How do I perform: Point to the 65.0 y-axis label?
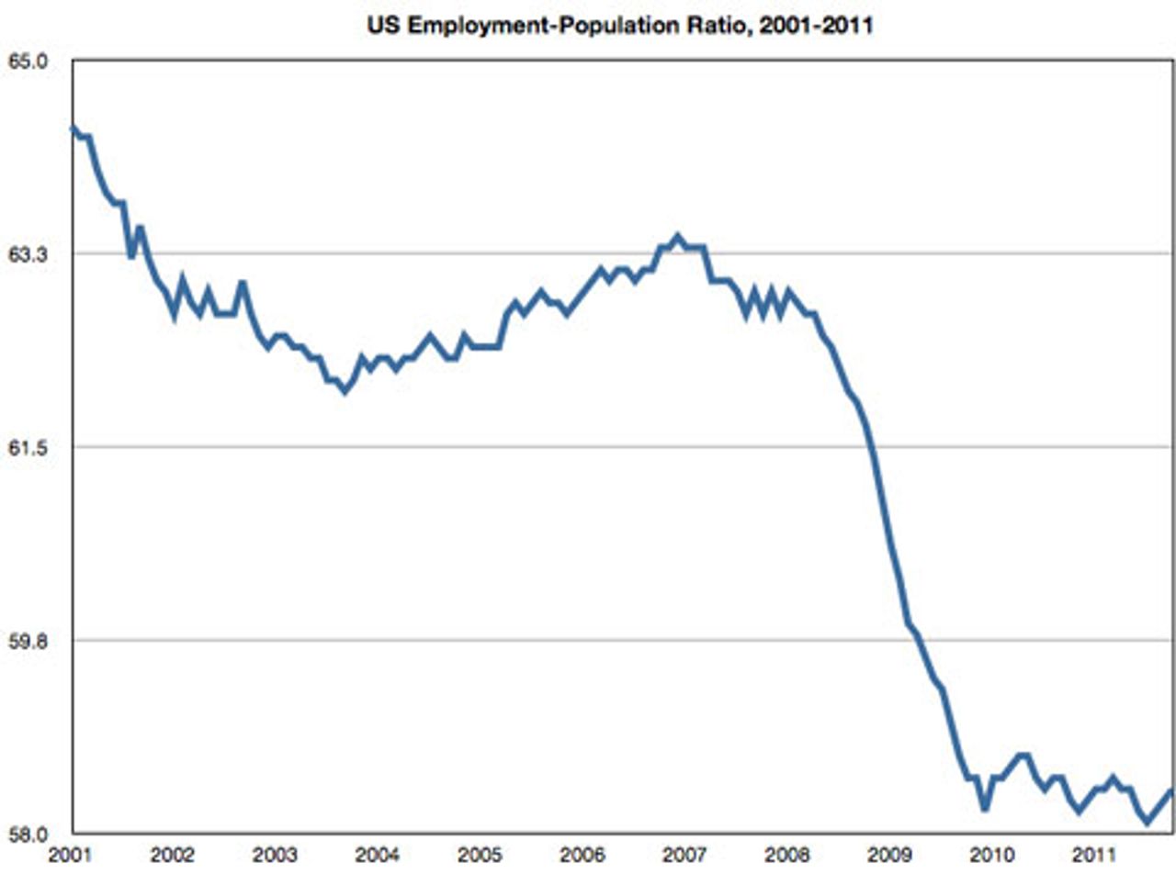(28, 62)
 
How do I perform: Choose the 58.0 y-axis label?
(28, 835)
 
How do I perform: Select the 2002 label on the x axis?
(173, 856)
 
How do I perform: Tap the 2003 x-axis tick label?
(274, 856)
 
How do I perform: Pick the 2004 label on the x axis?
(376, 856)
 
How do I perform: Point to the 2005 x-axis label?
(477, 856)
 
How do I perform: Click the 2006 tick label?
(579, 856)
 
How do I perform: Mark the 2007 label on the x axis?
(680, 856)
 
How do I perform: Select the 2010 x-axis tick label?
(985, 856)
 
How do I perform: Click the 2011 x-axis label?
(1086, 856)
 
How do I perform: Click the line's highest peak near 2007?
(678, 237)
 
